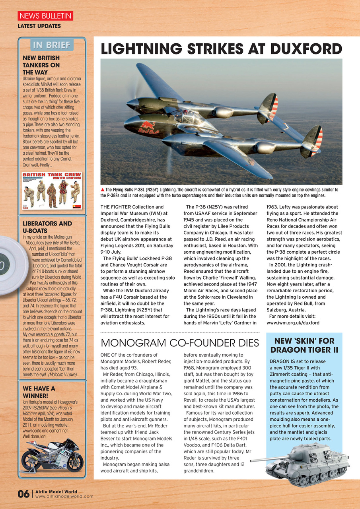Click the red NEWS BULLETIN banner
[45, 16]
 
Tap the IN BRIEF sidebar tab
[52, 45]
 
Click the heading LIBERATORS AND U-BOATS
[47, 227]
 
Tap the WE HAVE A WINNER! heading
[39, 392]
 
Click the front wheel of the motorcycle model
[74, 463]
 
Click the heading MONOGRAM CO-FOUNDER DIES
[180, 343]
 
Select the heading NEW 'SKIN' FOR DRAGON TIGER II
[304, 345]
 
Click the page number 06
[23, 494]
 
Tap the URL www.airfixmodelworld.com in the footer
[64, 496]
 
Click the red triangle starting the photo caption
[103, 190]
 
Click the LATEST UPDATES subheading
[39, 26]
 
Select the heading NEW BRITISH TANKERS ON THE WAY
[41, 65]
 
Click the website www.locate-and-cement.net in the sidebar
[45, 430]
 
